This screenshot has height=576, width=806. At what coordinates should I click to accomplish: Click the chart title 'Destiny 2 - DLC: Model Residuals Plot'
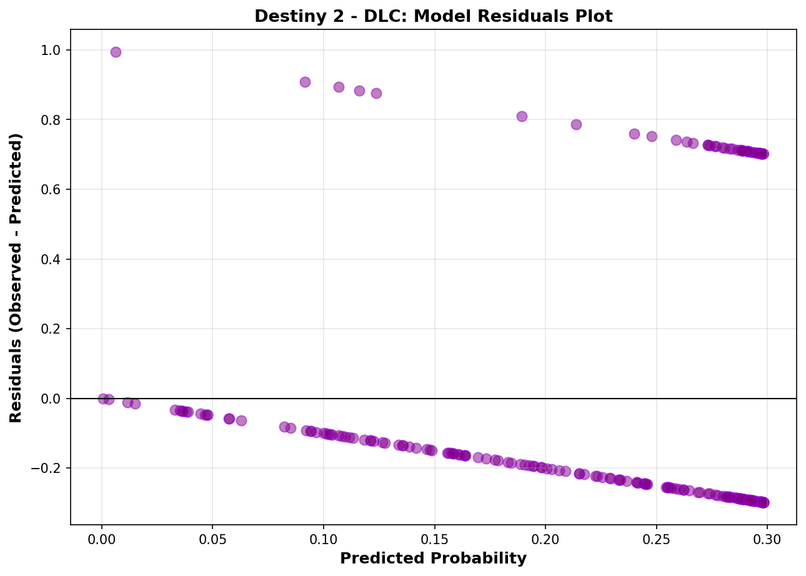pyautogui.click(x=433, y=17)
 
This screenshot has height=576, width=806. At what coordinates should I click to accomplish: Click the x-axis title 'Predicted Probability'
pyautogui.click(x=433, y=559)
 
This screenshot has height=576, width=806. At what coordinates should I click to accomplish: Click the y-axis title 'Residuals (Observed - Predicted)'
pyautogui.click(x=16, y=277)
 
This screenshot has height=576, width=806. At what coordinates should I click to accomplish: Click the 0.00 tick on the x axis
pyautogui.click(x=102, y=538)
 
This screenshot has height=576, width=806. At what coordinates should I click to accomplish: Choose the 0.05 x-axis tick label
pyautogui.click(x=213, y=538)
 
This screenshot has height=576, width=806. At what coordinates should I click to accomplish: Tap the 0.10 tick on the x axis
pyautogui.click(x=324, y=538)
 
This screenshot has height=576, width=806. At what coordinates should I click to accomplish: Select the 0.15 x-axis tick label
pyautogui.click(x=434, y=538)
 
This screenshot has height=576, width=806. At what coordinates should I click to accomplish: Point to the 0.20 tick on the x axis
pyautogui.click(x=545, y=538)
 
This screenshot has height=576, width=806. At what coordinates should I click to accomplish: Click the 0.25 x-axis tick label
pyautogui.click(x=656, y=538)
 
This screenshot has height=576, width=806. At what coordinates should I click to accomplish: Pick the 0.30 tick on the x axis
pyautogui.click(x=767, y=538)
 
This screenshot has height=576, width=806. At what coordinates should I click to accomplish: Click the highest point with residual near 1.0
pyautogui.click(x=116, y=52)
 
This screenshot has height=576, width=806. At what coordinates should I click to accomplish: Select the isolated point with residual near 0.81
pyautogui.click(x=522, y=116)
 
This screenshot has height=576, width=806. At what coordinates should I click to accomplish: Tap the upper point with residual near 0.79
pyautogui.click(x=576, y=124)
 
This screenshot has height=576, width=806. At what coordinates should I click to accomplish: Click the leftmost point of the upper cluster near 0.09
pyautogui.click(x=305, y=82)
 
